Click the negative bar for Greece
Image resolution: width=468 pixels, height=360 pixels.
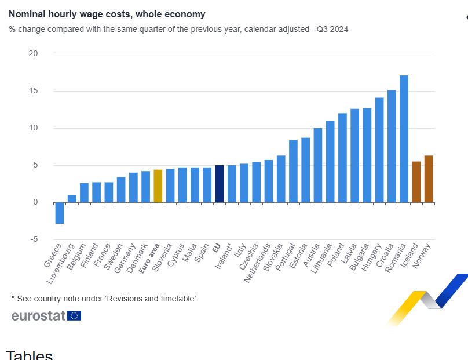[x=60, y=213]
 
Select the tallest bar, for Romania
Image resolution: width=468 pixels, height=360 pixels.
[x=404, y=139]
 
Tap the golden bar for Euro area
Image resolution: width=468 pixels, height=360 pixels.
[x=158, y=186]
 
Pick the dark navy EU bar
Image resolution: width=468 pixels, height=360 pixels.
[x=220, y=184]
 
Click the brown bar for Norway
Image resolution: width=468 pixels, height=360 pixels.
[x=429, y=179]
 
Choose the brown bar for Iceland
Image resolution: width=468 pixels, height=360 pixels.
[x=416, y=182]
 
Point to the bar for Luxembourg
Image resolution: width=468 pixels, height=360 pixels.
[x=72, y=199]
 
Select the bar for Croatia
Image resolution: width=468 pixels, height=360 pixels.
[x=392, y=146]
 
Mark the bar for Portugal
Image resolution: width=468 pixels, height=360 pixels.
[x=294, y=171]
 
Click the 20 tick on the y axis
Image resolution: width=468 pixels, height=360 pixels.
[x=33, y=54]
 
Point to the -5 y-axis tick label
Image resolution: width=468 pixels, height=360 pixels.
[x=33, y=239]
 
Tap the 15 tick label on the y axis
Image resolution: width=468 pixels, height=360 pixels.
[x=33, y=91]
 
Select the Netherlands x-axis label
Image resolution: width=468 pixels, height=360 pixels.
[x=258, y=263]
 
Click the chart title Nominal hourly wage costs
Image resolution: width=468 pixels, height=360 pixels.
[x=107, y=14]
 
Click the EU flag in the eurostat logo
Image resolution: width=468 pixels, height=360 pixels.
[x=74, y=315]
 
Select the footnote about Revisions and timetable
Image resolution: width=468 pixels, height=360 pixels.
[x=105, y=299]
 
